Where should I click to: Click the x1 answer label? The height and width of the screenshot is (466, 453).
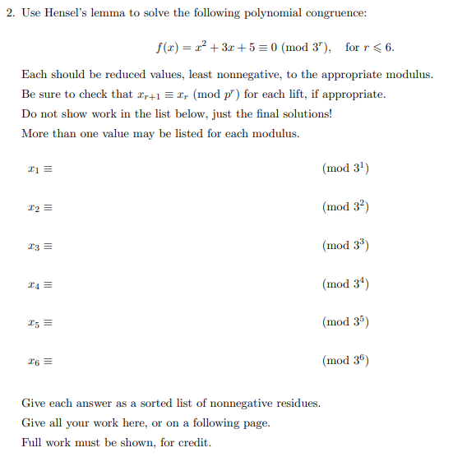[x=34, y=169]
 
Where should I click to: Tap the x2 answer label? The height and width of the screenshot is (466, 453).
[x=34, y=208]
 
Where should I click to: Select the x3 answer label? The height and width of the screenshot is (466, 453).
[x=34, y=246]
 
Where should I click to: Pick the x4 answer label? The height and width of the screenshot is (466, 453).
[x=34, y=284]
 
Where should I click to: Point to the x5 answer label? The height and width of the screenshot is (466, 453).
[x=34, y=322]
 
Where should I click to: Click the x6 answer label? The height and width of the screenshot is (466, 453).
[x=34, y=361]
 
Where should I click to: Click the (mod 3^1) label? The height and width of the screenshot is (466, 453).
[x=346, y=168]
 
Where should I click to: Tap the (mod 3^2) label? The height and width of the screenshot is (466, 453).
[x=346, y=207]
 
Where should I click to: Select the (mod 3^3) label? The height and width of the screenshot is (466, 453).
[x=346, y=245]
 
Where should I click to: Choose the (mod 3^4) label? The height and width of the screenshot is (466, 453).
[x=346, y=284]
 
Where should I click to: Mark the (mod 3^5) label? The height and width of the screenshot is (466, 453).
[x=346, y=321]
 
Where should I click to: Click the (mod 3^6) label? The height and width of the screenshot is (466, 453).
[x=346, y=360]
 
